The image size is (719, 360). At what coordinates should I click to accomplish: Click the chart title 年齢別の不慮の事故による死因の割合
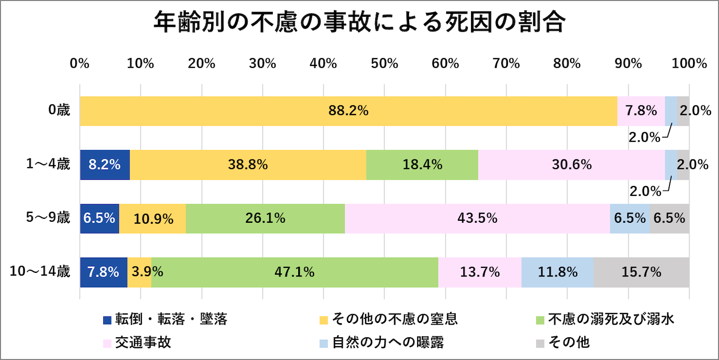(359, 23)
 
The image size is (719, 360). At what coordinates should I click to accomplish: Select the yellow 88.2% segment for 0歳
(348, 110)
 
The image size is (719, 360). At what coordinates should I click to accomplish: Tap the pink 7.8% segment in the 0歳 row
(641, 110)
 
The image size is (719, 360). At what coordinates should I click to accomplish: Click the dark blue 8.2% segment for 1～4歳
(105, 165)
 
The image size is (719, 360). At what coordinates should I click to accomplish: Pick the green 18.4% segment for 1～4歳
(422, 165)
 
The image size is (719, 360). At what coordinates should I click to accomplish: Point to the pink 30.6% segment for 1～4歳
(571, 165)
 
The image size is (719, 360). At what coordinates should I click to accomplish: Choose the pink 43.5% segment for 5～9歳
(477, 219)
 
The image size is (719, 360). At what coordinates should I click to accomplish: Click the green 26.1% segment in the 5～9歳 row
(265, 219)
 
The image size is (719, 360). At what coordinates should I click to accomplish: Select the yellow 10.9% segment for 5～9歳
(153, 219)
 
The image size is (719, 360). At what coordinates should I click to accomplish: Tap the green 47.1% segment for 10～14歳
(295, 272)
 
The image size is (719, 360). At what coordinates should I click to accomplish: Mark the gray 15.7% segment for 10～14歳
(641, 272)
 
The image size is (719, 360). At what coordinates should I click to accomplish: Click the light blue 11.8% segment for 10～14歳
(557, 272)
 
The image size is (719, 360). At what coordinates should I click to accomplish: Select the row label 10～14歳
(41, 272)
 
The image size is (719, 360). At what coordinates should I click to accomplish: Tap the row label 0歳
(59, 110)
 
